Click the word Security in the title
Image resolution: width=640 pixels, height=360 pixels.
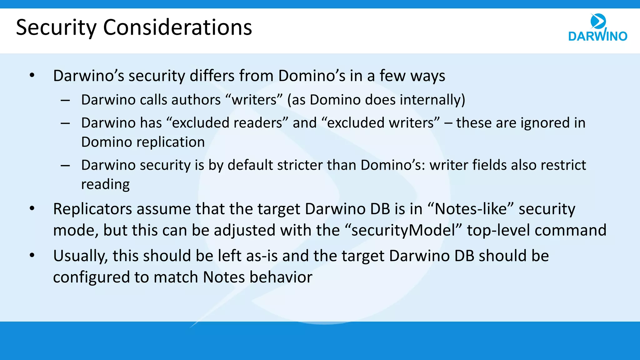[56, 27]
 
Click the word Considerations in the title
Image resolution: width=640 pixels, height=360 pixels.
[177, 27]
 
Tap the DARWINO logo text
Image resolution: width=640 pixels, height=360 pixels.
[597, 36]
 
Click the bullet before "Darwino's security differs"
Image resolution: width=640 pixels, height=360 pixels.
[32, 76]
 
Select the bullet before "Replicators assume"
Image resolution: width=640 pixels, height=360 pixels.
[32, 209]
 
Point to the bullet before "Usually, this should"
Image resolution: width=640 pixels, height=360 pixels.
[32, 256]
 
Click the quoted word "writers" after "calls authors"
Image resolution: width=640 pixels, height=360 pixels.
[254, 100]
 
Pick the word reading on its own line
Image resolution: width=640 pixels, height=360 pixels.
[105, 184]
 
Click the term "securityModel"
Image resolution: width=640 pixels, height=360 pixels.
[403, 230]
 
